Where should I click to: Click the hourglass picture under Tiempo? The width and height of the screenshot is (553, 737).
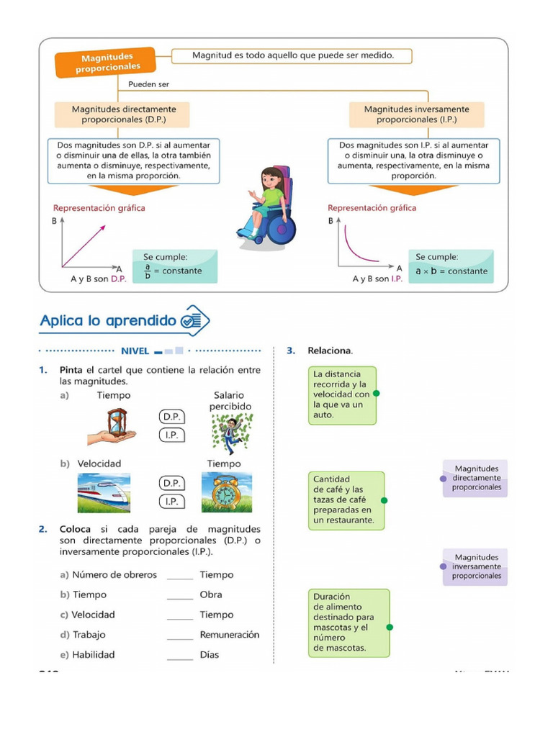114,427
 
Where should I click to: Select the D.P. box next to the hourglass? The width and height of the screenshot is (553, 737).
171,417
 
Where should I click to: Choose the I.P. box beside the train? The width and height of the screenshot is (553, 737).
171,501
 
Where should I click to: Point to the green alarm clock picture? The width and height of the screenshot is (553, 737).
225,492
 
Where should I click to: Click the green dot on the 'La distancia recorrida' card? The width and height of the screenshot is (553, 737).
377,394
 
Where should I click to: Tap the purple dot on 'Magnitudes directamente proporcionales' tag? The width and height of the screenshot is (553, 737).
442,478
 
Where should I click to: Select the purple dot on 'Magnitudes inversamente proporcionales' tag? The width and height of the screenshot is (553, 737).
442,566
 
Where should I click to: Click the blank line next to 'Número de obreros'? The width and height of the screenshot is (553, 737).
180,577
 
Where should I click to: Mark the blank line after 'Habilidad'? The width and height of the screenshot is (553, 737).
180,657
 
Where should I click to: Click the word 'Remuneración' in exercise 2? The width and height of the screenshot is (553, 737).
230,635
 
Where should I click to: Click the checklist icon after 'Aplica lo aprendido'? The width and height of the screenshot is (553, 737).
195,321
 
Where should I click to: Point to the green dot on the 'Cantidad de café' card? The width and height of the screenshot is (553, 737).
384,499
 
